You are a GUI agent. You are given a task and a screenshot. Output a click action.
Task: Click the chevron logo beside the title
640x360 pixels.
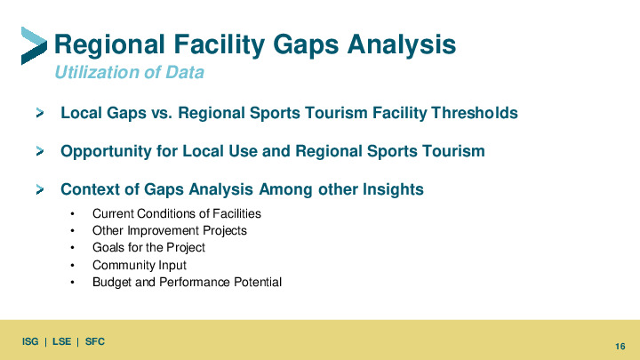tap(34, 45)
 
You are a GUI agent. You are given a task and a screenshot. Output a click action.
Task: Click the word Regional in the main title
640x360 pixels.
tap(109, 44)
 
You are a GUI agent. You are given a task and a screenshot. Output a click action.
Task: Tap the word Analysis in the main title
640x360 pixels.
tap(402, 44)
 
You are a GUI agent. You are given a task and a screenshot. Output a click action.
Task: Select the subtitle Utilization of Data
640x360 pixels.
tap(130, 72)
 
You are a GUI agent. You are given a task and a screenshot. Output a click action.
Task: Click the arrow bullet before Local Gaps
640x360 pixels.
tap(40, 113)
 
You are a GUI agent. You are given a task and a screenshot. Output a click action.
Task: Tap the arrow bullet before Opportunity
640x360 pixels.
tap(40, 151)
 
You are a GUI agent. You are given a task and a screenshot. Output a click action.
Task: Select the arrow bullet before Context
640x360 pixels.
tap(40, 189)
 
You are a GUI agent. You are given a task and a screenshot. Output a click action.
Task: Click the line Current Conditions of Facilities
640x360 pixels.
tap(177, 213)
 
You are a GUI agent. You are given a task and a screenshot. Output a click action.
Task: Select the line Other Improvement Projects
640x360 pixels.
tap(170, 230)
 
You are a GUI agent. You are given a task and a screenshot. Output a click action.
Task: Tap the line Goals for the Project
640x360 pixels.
tap(148, 248)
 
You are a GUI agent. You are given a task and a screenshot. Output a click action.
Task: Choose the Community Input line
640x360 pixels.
tap(140, 265)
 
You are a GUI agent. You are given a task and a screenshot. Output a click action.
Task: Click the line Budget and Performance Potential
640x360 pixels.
tap(187, 282)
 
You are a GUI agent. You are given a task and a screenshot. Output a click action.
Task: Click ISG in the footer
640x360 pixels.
tap(30, 341)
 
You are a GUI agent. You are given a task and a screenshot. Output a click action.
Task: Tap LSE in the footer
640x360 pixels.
tap(61, 341)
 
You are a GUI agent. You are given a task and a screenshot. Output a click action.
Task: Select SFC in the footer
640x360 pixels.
tap(95, 341)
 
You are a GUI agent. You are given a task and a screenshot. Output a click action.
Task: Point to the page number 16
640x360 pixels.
tap(620, 347)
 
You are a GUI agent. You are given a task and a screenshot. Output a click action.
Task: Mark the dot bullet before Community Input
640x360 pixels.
tap(72, 265)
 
